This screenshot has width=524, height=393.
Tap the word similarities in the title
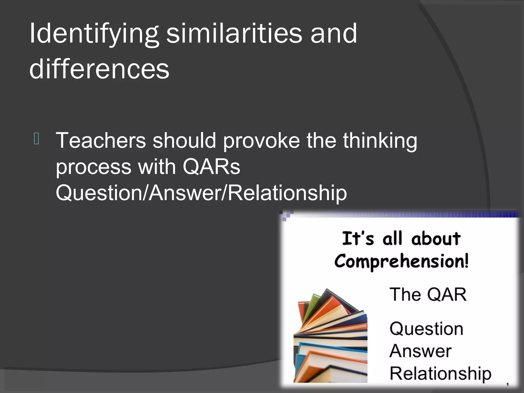tap(234, 33)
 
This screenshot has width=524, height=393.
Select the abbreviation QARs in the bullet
tap(211, 167)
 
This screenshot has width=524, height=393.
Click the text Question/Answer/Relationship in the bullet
tap(201, 193)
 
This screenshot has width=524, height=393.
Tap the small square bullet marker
tap(36, 139)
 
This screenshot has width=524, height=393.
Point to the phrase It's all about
tap(401, 238)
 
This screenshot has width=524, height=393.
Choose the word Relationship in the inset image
tap(440, 374)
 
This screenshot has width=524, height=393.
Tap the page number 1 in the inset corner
tap(507, 384)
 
